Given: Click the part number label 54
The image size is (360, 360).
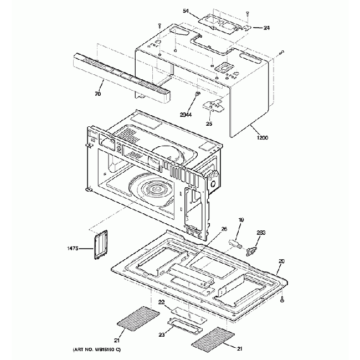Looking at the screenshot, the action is tap(186, 11).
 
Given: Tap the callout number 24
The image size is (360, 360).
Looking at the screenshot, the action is tap(266, 28).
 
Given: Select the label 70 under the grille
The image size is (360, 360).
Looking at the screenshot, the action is tap(98, 94).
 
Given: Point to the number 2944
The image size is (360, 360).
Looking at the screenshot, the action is tap(186, 115).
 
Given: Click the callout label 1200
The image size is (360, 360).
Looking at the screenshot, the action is tap(262, 138).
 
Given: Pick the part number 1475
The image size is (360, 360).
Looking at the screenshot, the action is tap(73, 248).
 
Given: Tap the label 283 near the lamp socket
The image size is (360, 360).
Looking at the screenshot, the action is tap(261, 233).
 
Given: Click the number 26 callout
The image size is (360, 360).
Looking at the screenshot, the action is tap(224, 229).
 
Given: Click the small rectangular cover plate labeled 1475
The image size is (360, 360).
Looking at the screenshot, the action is tap(101, 244).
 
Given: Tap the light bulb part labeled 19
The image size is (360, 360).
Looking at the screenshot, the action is tap(235, 244).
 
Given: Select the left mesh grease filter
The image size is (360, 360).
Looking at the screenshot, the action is tap(138, 319).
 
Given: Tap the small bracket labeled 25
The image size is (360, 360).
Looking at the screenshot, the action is tap(213, 106).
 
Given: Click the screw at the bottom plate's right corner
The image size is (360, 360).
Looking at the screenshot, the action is tap(282, 299).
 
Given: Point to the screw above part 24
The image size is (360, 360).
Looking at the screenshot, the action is tap(247, 13).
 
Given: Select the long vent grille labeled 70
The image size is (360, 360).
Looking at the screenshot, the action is tap(122, 78).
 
